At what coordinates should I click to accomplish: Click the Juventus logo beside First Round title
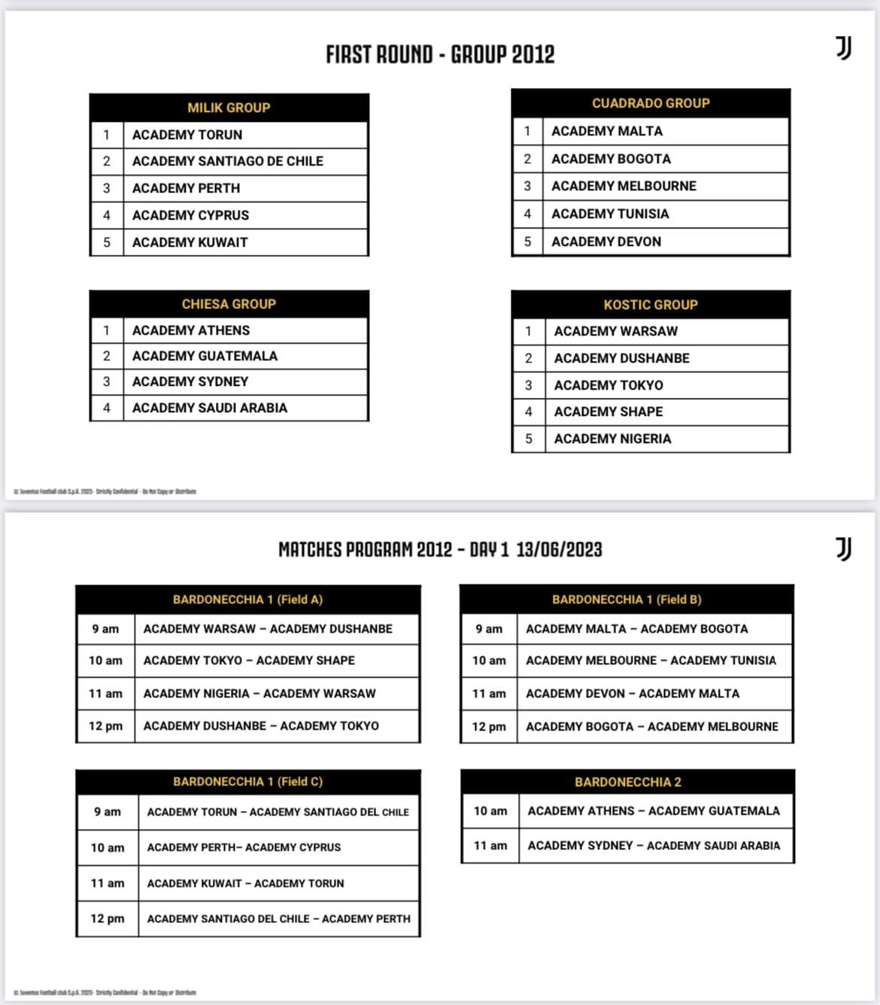click(x=844, y=49)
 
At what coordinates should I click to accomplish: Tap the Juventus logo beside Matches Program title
click(x=844, y=549)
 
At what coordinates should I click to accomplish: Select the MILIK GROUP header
click(x=229, y=108)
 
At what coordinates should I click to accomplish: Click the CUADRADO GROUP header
click(x=651, y=103)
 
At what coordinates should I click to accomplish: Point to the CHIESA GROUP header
click(x=229, y=304)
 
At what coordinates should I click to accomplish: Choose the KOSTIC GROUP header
click(x=651, y=305)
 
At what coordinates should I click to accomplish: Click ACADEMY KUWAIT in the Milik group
click(x=190, y=242)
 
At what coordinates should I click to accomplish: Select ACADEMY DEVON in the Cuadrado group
click(x=606, y=241)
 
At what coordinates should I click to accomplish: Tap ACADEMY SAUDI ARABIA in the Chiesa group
click(x=209, y=408)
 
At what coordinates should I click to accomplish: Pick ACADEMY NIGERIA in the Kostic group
click(x=612, y=439)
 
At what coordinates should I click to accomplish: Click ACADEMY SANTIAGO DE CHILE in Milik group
click(x=227, y=161)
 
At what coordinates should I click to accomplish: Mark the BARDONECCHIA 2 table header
click(x=628, y=782)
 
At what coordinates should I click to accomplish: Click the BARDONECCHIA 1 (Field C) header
click(x=247, y=782)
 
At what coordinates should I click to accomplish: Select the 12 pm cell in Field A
click(x=105, y=726)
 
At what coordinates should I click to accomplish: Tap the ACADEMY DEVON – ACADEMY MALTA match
click(x=633, y=694)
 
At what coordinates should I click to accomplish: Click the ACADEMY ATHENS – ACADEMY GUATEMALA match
click(x=654, y=811)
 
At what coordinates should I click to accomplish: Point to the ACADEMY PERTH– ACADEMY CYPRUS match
click(x=244, y=847)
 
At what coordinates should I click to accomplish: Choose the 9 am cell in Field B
click(x=489, y=629)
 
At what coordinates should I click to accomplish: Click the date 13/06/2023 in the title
click(x=559, y=549)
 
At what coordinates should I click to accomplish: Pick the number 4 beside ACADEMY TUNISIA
click(x=527, y=214)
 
